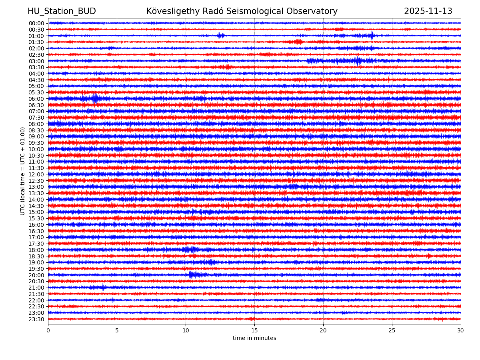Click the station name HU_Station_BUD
tap(62, 11)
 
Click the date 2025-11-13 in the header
tap(428, 11)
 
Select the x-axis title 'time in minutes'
tap(254, 338)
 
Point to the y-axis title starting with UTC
tap(23, 171)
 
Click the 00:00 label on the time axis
tap(36, 23)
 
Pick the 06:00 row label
tap(36, 99)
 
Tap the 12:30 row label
tap(36, 181)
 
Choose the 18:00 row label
tap(36, 250)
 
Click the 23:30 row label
tap(36, 319)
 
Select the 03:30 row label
tap(36, 67)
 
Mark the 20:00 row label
tap(36, 275)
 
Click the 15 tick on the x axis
tap(254, 330)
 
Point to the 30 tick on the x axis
tap(461, 330)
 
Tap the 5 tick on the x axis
tap(117, 330)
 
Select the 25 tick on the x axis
tap(392, 330)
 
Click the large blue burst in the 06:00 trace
tap(95, 98)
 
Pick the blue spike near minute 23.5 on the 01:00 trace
tap(372, 36)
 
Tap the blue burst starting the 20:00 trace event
tap(191, 274)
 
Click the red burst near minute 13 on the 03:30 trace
tap(228, 67)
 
